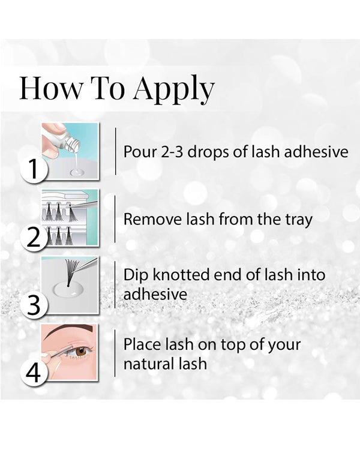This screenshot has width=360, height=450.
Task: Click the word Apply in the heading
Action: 174,89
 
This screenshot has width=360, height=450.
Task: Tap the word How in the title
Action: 51,88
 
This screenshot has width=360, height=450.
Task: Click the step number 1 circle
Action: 34,169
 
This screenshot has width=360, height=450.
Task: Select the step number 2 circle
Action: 34,237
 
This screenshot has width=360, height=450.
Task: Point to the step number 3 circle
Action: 34,305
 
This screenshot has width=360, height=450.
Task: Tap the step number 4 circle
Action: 34,373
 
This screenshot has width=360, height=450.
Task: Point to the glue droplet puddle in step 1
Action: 77,172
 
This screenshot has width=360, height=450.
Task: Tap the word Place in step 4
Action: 142,344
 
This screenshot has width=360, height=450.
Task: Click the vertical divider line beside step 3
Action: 115,284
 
